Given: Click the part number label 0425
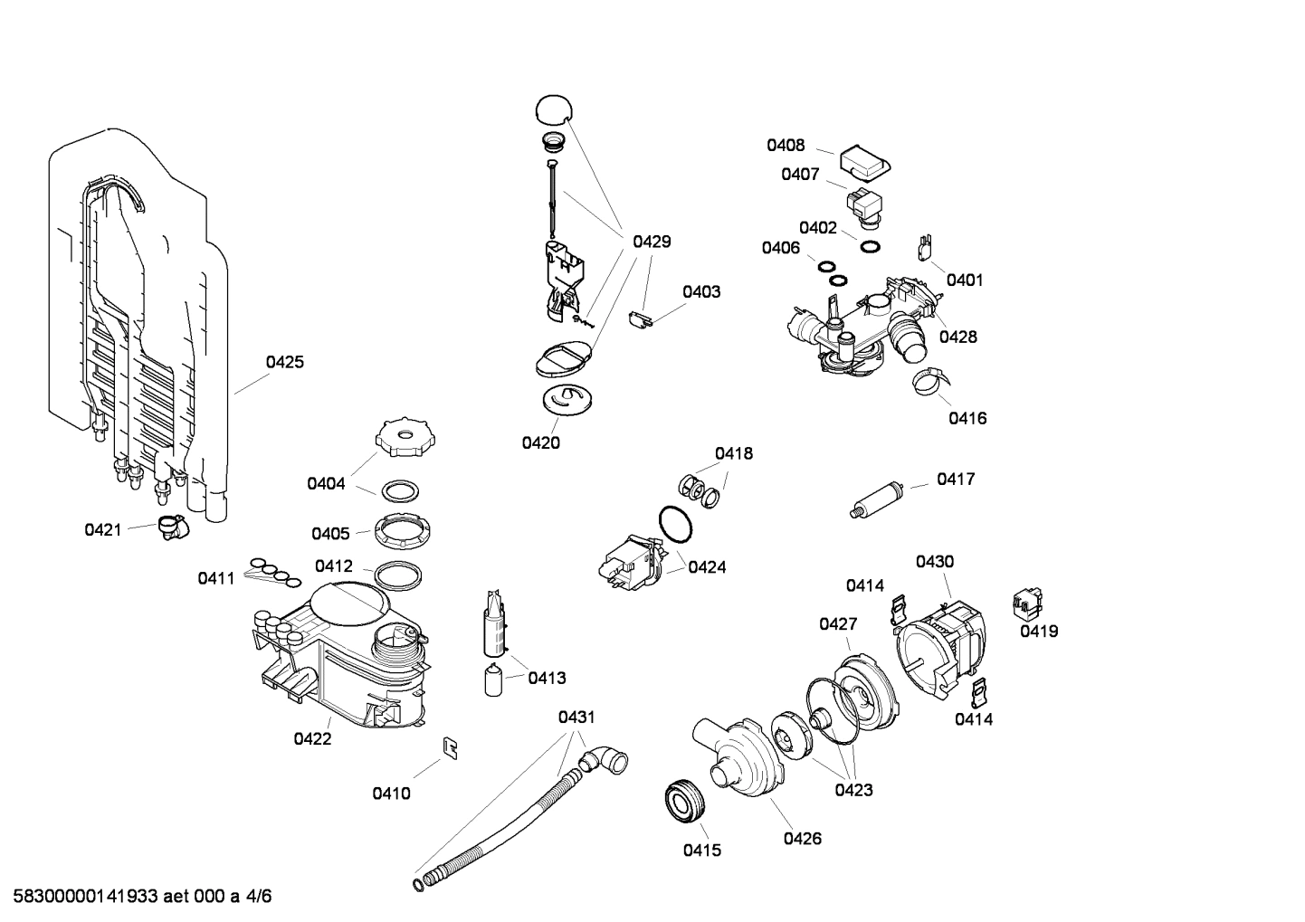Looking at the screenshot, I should [284, 362].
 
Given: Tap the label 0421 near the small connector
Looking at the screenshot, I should [102, 529].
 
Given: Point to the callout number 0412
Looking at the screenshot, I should [333, 566].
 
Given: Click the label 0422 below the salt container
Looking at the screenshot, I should [312, 738].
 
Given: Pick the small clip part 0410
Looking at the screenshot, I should [449, 747].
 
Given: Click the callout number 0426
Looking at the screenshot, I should [802, 838].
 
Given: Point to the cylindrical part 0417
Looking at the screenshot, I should [877, 499].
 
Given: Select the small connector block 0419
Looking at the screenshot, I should [1026, 600].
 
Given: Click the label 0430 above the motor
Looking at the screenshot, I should [934, 562].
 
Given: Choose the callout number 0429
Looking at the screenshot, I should [652, 242].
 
